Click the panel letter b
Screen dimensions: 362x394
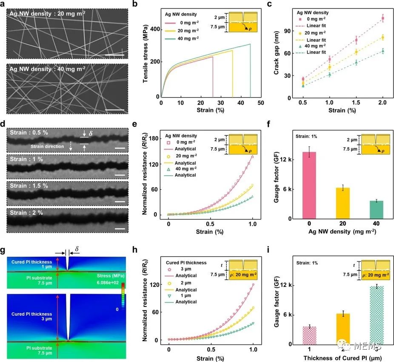pyautogui.click(x=146, y=5)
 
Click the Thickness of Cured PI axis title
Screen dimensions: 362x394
pyautogui.click(x=340, y=358)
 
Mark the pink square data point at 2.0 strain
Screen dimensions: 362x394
pyautogui.click(x=383, y=18)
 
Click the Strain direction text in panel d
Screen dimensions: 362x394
pyautogui.click(x=45, y=147)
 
